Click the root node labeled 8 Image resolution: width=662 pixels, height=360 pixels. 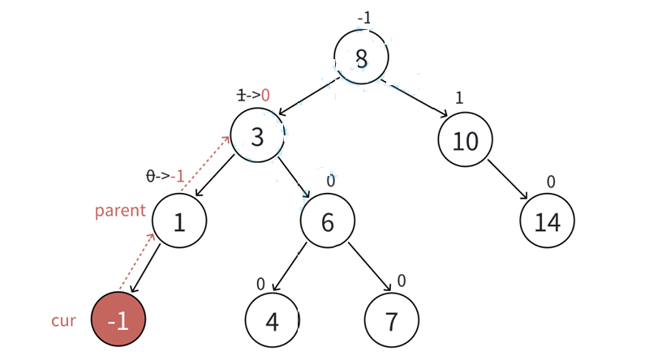(x=361, y=58)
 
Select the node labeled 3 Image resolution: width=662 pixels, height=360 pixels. (x=257, y=136)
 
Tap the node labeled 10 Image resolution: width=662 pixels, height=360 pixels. (x=465, y=140)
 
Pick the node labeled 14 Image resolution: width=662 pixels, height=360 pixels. (x=548, y=221)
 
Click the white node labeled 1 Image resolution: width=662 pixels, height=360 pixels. (x=179, y=221)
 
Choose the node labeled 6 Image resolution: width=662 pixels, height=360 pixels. (x=327, y=221)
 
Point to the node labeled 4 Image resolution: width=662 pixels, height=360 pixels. (x=272, y=321)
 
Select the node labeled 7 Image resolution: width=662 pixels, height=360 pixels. (x=391, y=321)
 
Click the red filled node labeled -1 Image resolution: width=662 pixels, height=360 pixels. (x=118, y=321)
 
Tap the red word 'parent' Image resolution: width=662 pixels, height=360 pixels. (x=120, y=211)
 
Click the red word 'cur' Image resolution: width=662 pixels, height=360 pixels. (x=63, y=321)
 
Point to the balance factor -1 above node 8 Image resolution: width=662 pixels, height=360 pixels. (x=364, y=18)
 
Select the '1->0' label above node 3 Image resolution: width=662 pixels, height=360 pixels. (x=252, y=96)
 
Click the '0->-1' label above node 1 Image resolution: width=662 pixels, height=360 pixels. (x=165, y=177)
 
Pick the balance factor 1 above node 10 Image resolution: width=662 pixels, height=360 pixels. (x=459, y=98)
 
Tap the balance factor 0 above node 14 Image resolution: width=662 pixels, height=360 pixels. (x=551, y=182)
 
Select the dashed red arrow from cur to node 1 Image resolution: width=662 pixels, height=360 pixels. (x=138, y=261)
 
